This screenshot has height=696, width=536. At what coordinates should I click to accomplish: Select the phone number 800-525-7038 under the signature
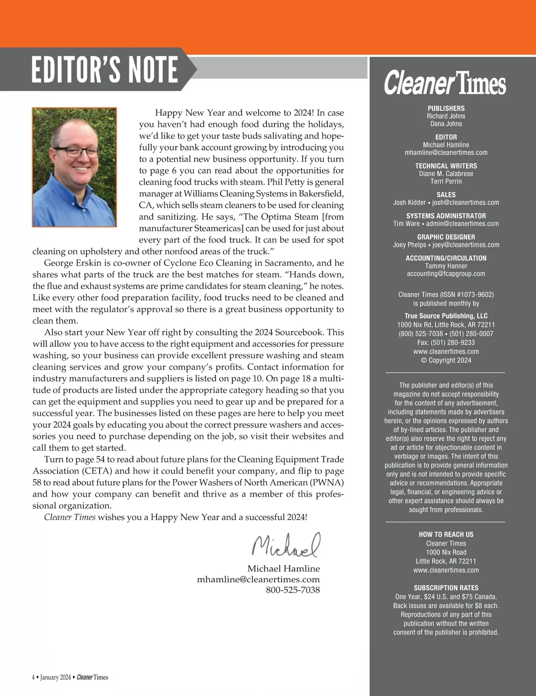pos(293,590)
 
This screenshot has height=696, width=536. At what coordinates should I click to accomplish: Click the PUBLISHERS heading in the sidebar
pos(446,108)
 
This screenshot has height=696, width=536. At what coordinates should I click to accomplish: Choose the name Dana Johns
pos(446,124)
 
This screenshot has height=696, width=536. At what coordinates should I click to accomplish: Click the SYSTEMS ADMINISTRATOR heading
pos(446,216)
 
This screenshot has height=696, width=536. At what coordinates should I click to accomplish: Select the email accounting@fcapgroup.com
pos(446,273)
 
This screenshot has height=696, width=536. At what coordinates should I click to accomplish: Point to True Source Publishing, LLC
pos(446,316)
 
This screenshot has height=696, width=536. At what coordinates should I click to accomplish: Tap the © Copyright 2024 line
pos(446,360)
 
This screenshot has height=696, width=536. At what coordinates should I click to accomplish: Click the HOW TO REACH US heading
pos(446,534)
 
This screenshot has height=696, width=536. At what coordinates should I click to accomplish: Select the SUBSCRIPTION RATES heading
pos(446,588)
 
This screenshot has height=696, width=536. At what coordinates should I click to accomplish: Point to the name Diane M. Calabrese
pos(446,173)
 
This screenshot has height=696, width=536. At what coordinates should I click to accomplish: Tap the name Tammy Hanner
pos(446,266)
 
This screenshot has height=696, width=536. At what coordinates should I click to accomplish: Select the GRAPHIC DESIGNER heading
pos(446,237)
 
